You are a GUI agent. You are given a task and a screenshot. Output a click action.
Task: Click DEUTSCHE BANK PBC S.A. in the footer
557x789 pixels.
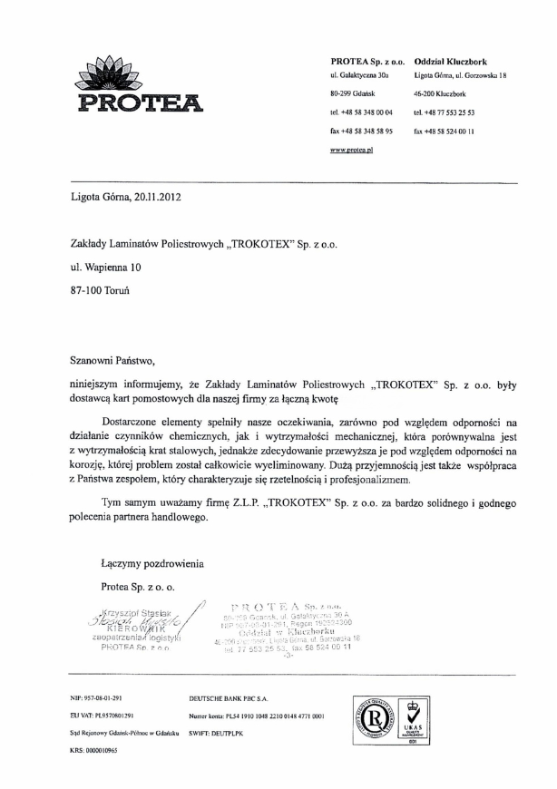click(x=226, y=699)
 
